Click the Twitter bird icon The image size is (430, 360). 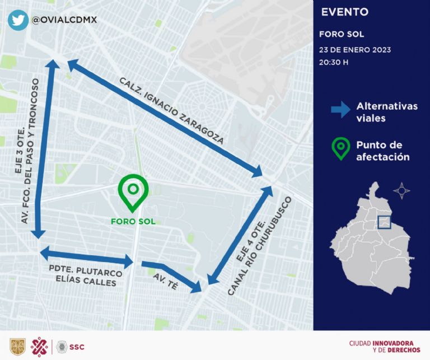pos(18,19)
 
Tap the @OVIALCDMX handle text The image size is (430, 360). pos(64,20)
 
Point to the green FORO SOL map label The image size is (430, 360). pos(133,221)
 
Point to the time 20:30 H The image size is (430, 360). pos(334,62)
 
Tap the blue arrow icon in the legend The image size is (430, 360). pos(340,110)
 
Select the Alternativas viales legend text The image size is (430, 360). pos(386,112)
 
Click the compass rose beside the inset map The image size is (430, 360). pos(401,190)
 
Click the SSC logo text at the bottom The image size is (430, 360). pos(78,347)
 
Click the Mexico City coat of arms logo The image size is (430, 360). pos(17,347)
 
